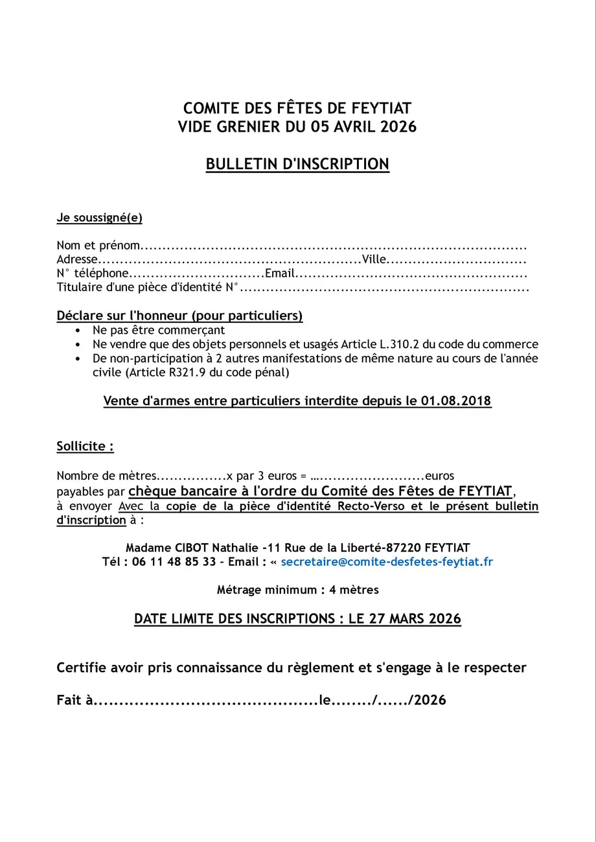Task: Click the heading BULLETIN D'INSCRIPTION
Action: click(297, 164)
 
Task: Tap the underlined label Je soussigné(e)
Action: click(100, 218)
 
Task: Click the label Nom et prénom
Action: click(98, 246)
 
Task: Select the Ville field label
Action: click(374, 260)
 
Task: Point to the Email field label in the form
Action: click(280, 274)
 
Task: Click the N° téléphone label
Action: click(93, 274)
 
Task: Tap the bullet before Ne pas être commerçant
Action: click(78, 331)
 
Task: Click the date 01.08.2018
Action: click(456, 401)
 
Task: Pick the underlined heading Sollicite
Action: click(85, 447)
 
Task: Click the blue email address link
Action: click(387, 561)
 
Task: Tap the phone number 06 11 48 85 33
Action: click(174, 561)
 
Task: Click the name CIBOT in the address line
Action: click(189, 547)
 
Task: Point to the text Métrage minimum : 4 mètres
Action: click(297, 590)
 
